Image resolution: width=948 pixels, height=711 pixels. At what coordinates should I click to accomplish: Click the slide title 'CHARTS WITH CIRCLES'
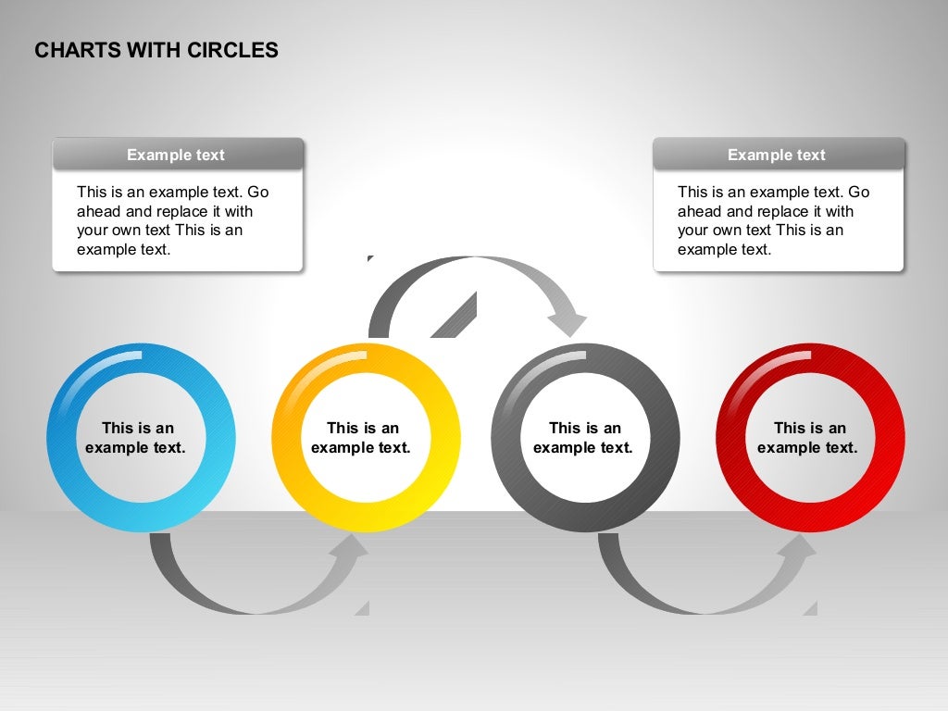156,51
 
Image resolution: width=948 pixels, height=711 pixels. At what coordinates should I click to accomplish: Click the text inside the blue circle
137,438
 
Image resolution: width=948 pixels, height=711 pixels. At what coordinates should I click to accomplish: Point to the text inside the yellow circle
362,438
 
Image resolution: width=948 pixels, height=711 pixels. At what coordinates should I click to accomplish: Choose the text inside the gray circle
584,438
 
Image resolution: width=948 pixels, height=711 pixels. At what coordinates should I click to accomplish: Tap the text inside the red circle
808,438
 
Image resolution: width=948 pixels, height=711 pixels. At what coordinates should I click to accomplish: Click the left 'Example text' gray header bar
178,155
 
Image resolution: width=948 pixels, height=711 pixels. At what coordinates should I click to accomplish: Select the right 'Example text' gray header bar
778,155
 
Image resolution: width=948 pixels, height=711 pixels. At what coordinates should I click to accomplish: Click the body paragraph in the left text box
173,220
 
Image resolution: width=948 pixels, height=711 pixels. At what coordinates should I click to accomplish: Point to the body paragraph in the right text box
774,220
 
